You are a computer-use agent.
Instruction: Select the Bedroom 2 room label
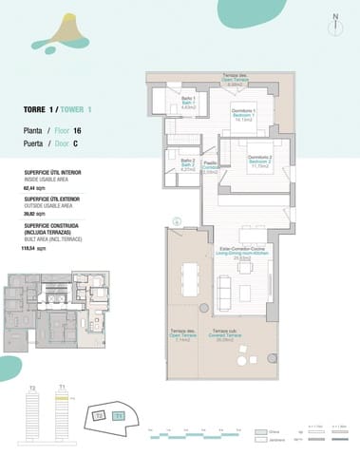[x=260, y=161]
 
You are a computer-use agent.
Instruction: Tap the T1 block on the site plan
[x=119, y=415]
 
